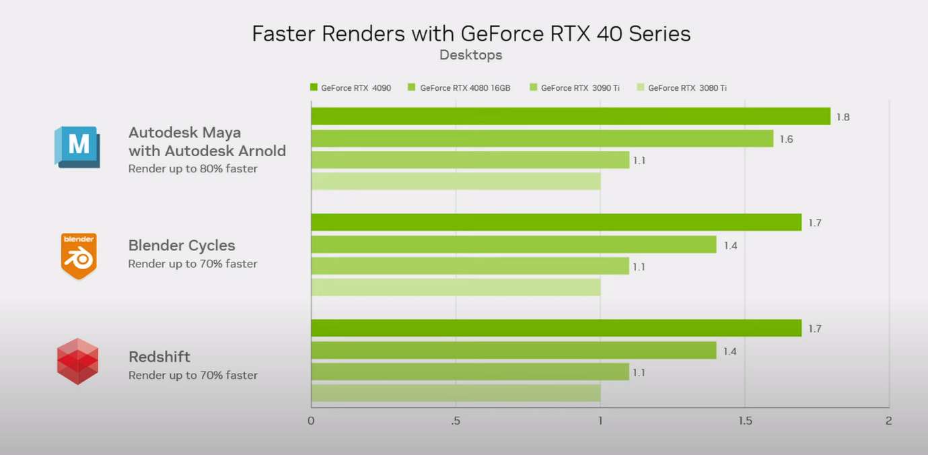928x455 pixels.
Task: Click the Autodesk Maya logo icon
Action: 77,146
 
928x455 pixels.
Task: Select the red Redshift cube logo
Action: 77,361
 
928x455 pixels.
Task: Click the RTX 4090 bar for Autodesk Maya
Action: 570,116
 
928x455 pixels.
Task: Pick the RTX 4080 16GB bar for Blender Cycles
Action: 513,244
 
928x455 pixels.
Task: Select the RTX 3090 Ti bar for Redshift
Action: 469,372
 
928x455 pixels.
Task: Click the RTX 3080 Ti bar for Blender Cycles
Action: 455,287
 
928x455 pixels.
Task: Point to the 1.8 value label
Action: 843,117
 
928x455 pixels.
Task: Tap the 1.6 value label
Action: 786,139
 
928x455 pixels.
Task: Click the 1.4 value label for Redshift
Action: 729,351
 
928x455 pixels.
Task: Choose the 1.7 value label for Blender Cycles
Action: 814,223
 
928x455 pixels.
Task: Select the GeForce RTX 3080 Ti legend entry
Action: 682,87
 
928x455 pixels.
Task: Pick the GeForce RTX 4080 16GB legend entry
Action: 459,87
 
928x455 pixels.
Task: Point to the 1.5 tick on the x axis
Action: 744,421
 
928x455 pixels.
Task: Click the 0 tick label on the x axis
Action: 311,421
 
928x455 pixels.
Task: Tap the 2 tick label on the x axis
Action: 889,421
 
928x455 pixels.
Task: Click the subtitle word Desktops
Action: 470,55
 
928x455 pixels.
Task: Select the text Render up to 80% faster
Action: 193,169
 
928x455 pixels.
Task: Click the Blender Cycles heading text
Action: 182,246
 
